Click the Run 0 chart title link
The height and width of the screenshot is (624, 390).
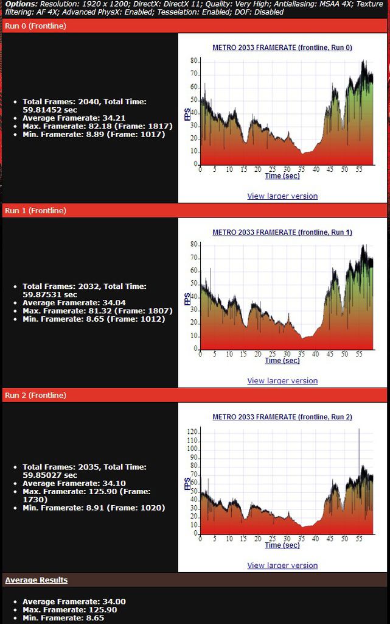point(282,48)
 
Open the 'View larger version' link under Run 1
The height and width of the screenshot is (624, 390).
point(282,381)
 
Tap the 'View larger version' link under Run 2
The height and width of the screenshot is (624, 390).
point(282,565)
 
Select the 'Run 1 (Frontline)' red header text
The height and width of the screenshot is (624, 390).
point(35,210)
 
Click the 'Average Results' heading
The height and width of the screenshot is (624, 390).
point(36,580)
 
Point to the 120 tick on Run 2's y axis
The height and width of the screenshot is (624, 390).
point(192,432)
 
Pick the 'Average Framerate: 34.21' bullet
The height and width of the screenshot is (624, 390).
point(74,118)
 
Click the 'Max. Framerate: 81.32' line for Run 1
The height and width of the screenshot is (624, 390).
point(98,311)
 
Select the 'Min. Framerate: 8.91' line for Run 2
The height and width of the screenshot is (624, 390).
point(94,508)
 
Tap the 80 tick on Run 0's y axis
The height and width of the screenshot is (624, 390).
point(194,61)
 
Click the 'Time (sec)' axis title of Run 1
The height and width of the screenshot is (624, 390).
point(282,361)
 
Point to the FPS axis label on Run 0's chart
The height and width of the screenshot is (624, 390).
point(187,114)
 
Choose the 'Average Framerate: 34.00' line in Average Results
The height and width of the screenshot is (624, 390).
point(74,601)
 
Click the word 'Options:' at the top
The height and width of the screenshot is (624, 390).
point(21,4)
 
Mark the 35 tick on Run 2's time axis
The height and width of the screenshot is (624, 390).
point(301,539)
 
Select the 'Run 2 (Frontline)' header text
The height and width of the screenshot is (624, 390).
point(35,395)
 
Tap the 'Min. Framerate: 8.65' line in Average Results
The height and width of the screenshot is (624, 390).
point(63,618)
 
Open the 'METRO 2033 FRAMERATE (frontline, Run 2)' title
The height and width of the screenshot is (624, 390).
point(282,417)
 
